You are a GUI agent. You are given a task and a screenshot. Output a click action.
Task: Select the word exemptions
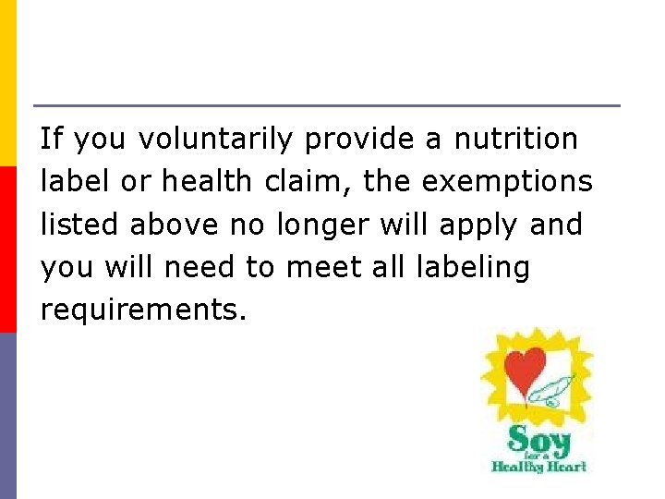coord(507,182)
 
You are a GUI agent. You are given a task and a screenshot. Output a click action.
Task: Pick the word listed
coord(82,225)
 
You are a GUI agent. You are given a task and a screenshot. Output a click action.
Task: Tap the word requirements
coord(143,311)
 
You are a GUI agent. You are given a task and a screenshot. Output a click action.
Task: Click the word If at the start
coord(52,140)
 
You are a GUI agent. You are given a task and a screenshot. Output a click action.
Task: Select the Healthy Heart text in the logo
coord(539,466)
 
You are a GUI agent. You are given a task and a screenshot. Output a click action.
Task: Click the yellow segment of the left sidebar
coord(7,83)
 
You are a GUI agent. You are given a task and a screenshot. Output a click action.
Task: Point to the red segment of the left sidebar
coord(7,249)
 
